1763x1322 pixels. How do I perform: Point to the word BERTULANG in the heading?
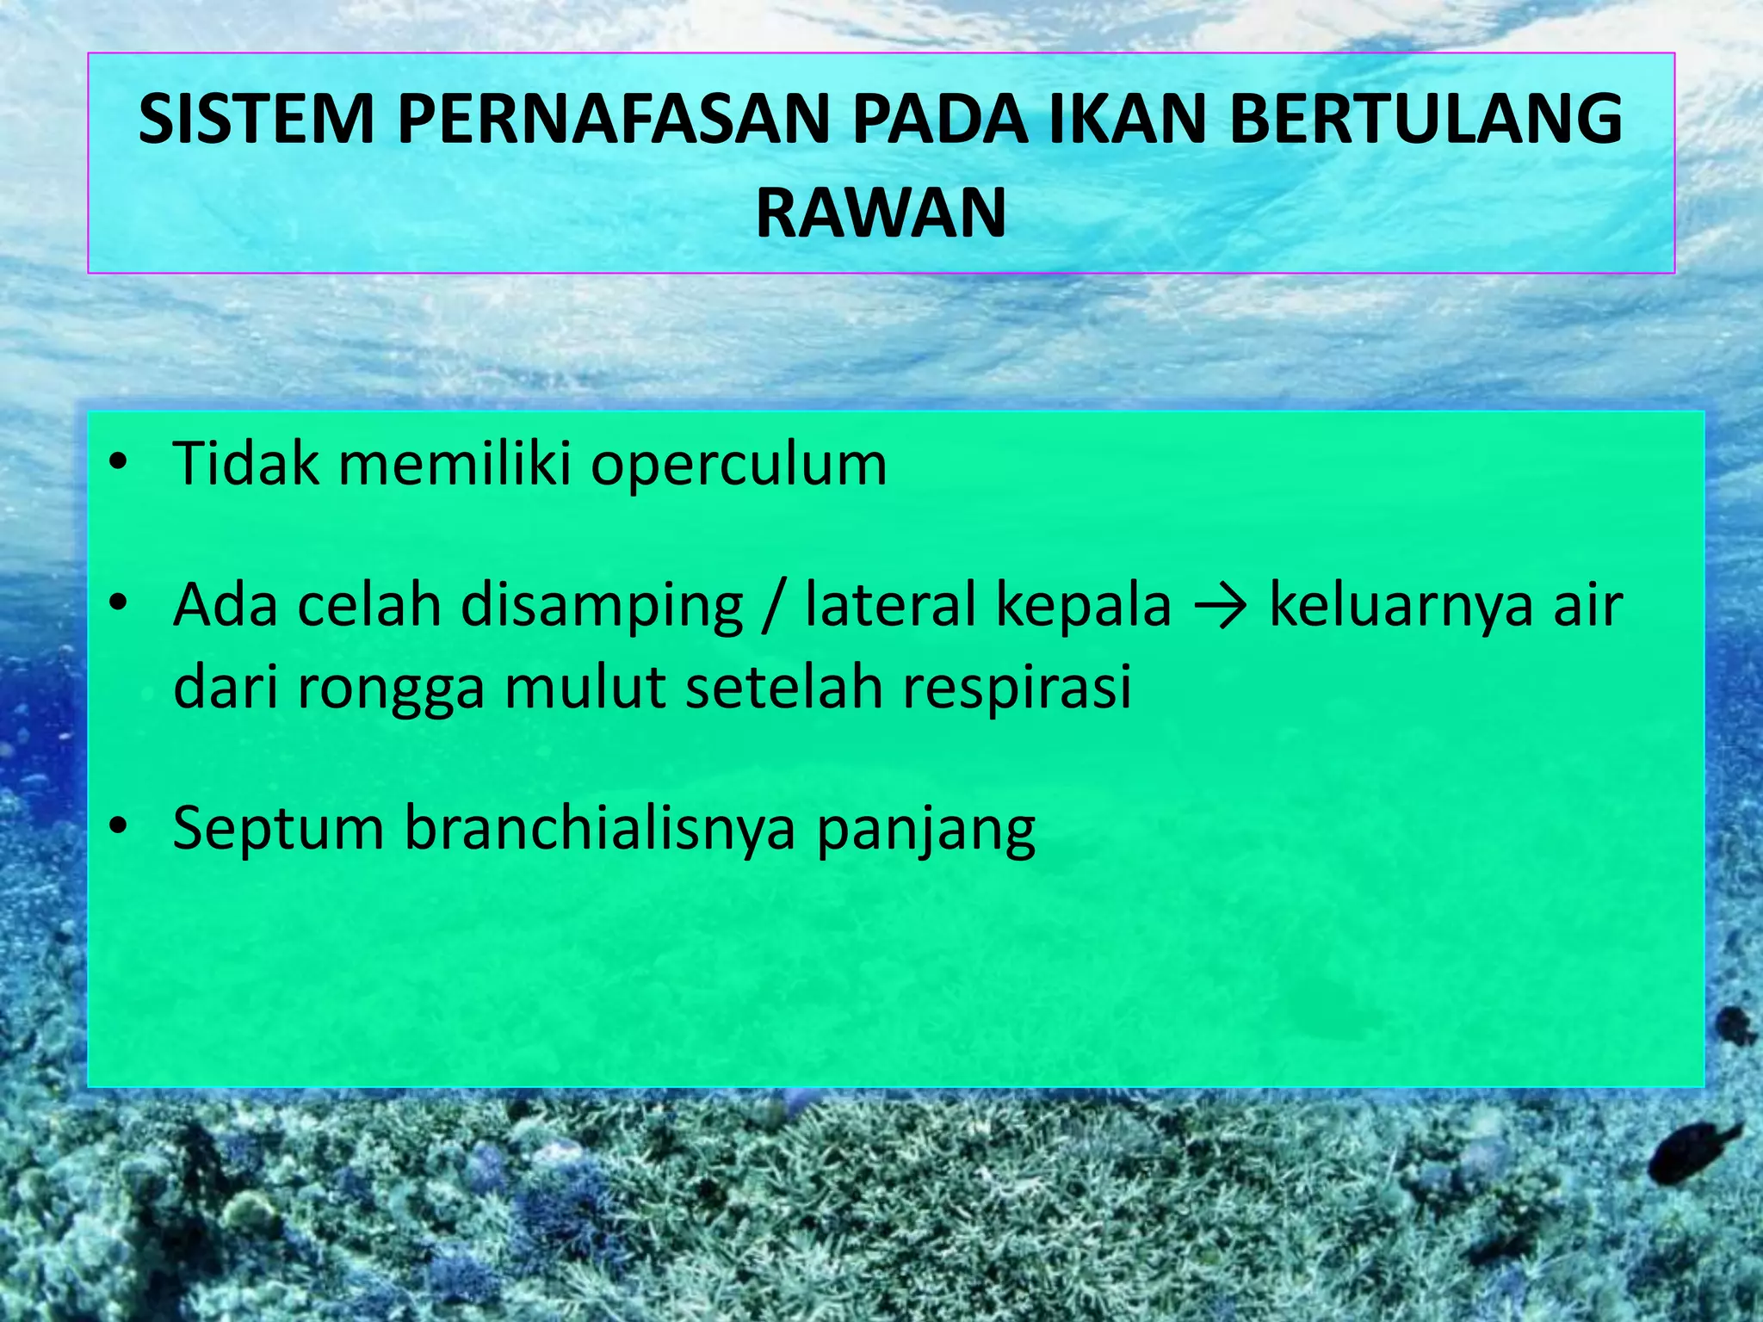click(x=1426, y=120)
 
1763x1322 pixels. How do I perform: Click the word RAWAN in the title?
click(x=881, y=213)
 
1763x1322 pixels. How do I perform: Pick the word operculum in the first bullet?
click(x=738, y=466)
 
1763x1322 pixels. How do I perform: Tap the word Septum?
click(x=277, y=830)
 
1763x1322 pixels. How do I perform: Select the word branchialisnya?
click(x=599, y=828)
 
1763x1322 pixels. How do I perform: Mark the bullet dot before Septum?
click(x=118, y=827)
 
